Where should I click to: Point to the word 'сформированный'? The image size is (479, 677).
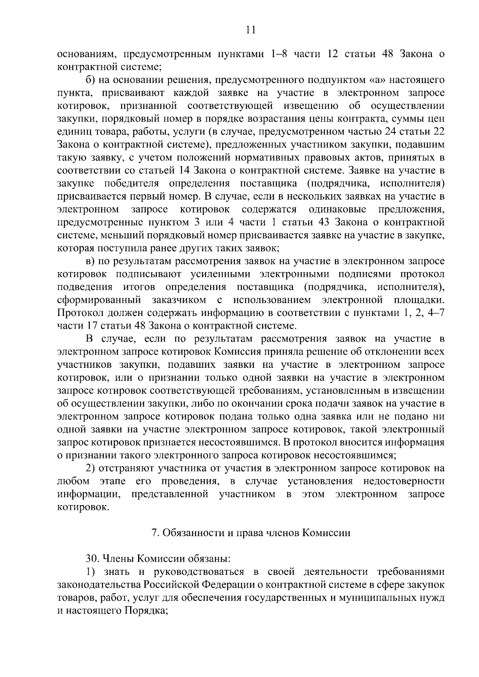point(99,300)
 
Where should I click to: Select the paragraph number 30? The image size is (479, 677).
point(92,559)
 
